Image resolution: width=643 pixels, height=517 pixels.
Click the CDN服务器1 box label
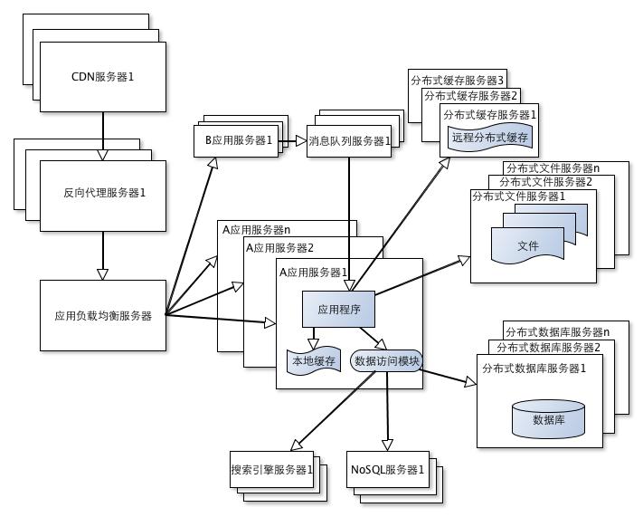(x=103, y=76)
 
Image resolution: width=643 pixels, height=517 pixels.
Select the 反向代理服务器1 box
(x=104, y=193)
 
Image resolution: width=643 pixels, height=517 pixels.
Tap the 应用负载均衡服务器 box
(x=103, y=316)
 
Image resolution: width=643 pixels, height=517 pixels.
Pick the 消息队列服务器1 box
(x=349, y=141)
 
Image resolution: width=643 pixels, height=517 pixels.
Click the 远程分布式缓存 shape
(x=488, y=138)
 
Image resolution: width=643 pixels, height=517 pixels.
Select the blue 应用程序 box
(x=339, y=310)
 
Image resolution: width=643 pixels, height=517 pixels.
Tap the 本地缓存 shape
(x=312, y=361)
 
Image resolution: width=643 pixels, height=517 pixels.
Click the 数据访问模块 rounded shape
(x=385, y=361)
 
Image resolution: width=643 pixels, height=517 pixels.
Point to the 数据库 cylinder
(x=549, y=418)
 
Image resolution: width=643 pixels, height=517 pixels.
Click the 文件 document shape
(x=528, y=245)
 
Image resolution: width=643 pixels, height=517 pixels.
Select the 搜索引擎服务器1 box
(x=271, y=470)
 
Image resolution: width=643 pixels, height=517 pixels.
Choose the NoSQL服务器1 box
(x=386, y=470)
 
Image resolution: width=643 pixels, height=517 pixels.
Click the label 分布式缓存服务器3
(x=458, y=81)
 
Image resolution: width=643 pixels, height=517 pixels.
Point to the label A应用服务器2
(x=280, y=248)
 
